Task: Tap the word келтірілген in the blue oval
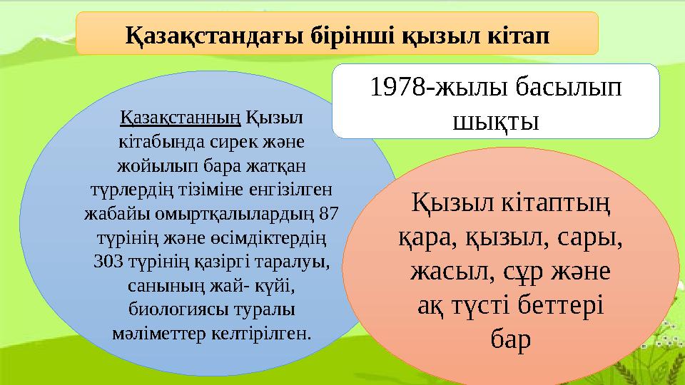click(260, 333)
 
